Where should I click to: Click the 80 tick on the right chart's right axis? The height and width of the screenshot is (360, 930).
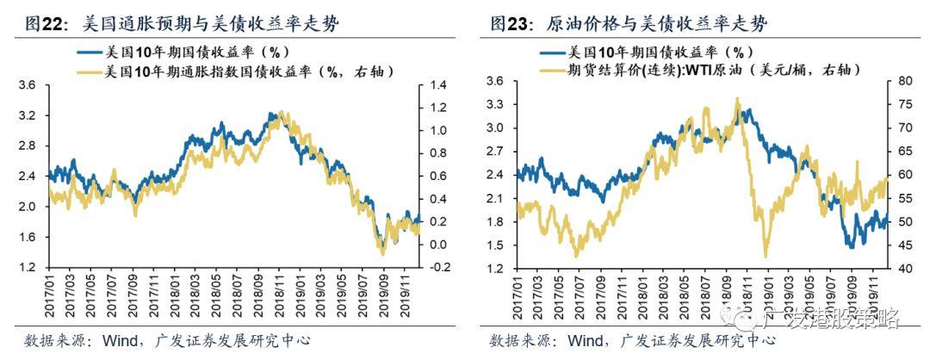point(895,81)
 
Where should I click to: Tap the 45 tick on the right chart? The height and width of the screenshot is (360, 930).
point(895,245)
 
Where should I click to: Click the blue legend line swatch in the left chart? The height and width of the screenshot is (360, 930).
point(87,53)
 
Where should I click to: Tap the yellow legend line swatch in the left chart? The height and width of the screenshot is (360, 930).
point(87,72)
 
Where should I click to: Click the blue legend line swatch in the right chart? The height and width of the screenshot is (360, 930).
point(552,52)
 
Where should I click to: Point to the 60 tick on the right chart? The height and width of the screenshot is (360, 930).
point(895,175)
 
